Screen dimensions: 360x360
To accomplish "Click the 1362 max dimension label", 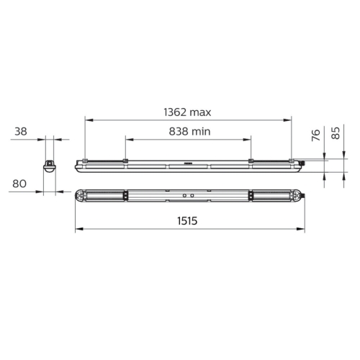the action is point(187,112).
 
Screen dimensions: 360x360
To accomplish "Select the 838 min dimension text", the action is point(189,132).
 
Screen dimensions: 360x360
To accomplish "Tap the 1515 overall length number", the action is point(187,221).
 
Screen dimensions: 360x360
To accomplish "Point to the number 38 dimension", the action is point(21,132).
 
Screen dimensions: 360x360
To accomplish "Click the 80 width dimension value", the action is point(19,184).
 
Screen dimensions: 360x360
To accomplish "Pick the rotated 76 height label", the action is point(316,135).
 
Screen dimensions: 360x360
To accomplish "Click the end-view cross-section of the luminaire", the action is point(50,166).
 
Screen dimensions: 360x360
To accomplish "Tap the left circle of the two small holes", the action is point(184,196).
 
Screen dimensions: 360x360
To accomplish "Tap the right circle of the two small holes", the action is point(192,196).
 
